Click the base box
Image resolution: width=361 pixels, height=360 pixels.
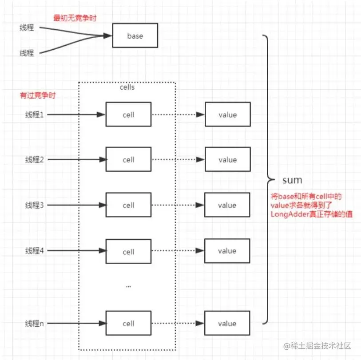coord(135,36)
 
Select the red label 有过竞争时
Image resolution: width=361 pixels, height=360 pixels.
coord(38,96)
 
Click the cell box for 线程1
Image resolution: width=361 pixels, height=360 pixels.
coord(128,115)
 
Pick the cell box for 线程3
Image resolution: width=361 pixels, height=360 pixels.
coord(128,205)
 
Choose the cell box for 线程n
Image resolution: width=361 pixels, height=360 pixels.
coord(128,324)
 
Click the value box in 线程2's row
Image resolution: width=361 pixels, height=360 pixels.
coord(227,160)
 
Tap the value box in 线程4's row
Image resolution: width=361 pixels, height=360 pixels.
coord(227,251)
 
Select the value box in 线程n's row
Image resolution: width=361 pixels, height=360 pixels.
coord(227,324)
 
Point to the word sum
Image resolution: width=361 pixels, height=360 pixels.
coord(292,180)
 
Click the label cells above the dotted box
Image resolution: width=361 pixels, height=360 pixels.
coord(127,87)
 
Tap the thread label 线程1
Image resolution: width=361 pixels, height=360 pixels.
coord(34,115)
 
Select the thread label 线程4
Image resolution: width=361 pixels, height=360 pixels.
coord(34,251)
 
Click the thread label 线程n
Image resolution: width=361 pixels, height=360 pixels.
coord(34,324)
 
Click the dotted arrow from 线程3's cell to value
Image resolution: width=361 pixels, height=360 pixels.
coord(178,205)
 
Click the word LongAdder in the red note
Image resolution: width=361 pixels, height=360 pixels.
coord(289,214)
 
